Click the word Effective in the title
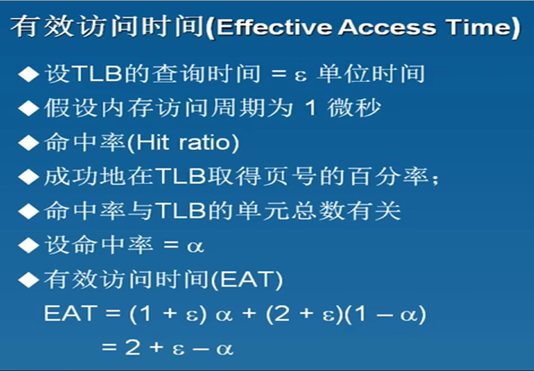(274, 27)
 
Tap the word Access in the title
(387, 27)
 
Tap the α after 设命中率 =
(195, 247)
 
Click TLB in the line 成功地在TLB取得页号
(181, 177)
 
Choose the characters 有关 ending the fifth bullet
(374, 211)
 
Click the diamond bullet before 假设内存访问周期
(29, 108)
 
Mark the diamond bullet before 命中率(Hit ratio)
(29, 143)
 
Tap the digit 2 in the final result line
(132, 347)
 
